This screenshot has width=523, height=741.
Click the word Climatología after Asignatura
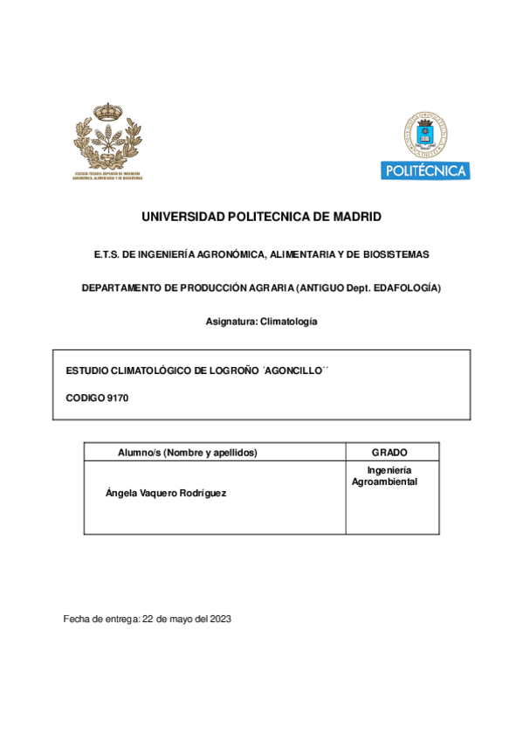(x=287, y=322)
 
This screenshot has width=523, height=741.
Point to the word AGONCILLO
(x=292, y=371)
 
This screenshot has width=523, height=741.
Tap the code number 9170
(x=117, y=398)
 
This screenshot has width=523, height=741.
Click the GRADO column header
(x=389, y=453)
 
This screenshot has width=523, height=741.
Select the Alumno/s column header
(x=188, y=453)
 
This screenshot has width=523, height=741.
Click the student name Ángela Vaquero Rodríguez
(x=166, y=493)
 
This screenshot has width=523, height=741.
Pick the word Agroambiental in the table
(x=385, y=481)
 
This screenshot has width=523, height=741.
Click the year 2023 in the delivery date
(x=219, y=619)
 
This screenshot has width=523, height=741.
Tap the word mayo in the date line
(x=180, y=619)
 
